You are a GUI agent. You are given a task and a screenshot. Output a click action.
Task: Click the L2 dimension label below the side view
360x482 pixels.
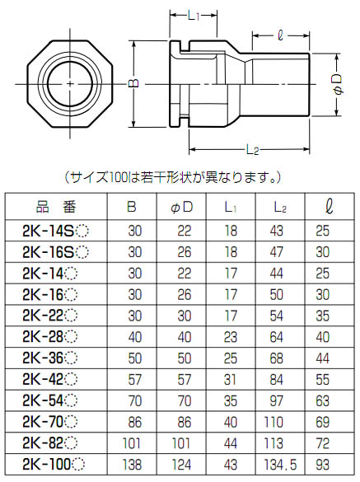tap(253, 149)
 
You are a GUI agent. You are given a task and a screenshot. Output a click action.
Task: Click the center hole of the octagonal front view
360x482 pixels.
tap(72, 85)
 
